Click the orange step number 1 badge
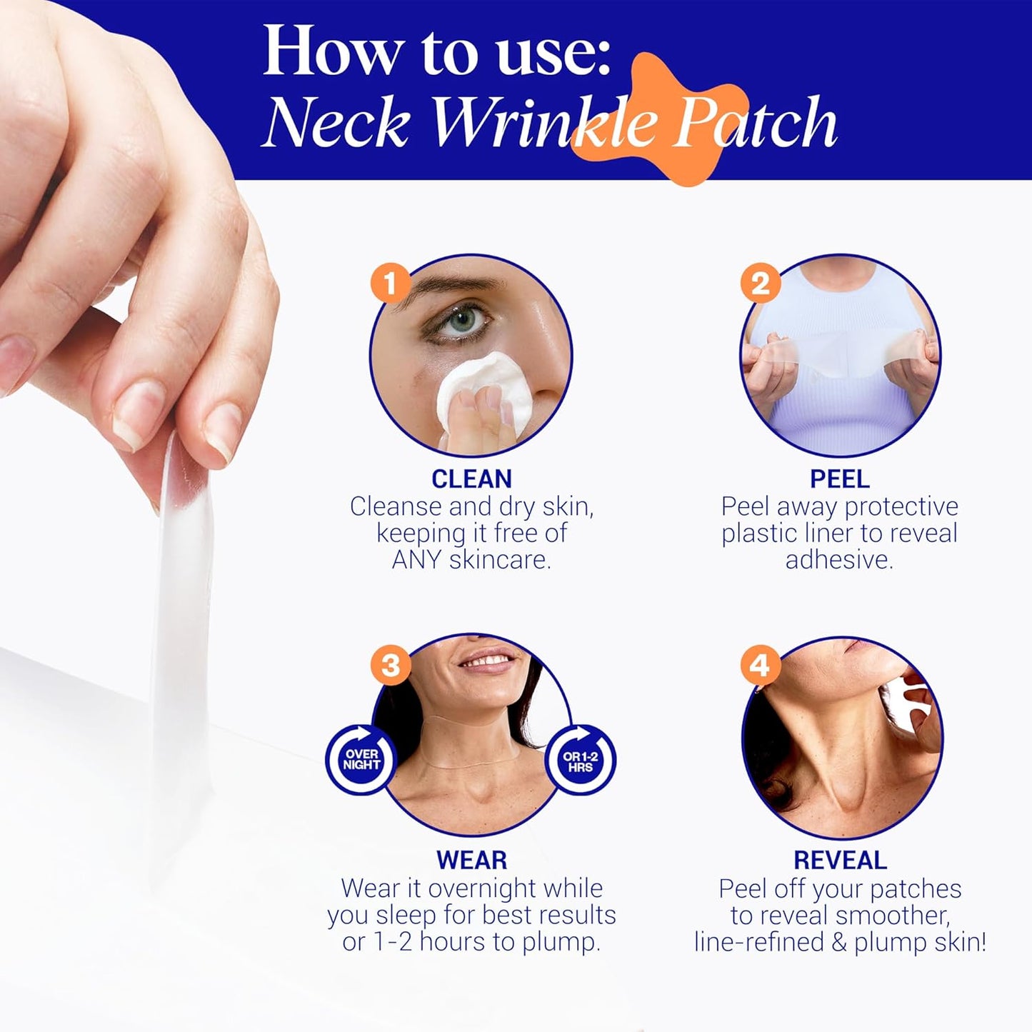(x=390, y=284)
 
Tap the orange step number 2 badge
(x=760, y=284)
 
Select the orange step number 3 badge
(x=390, y=665)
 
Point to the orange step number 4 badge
(x=760, y=665)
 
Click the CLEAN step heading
(x=471, y=479)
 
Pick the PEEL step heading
(x=839, y=479)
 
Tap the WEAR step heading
(x=471, y=860)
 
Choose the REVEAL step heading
(x=840, y=860)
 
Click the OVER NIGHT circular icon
(x=361, y=759)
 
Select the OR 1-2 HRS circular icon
(x=580, y=761)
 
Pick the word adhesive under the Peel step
(x=839, y=560)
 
